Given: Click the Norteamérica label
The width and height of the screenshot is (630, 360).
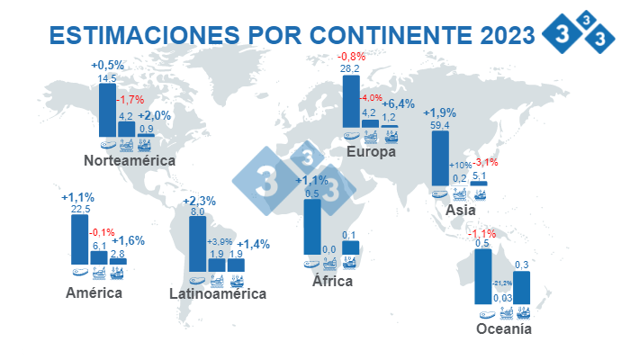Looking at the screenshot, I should (129, 161).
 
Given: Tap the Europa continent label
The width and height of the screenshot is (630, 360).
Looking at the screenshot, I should (371, 152).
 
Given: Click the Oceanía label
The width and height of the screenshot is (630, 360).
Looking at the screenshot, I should (504, 329).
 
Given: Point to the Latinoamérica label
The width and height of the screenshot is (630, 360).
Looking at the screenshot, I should (218, 293).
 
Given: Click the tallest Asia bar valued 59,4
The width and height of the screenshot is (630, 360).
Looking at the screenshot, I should (440, 158).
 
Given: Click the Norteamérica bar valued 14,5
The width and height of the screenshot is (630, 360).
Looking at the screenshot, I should (106, 111).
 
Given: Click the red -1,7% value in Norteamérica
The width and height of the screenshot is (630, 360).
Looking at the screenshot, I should (130, 100).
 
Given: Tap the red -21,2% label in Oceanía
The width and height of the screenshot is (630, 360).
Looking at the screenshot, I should (502, 283).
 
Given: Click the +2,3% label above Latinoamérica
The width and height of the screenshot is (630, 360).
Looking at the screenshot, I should (199, 200).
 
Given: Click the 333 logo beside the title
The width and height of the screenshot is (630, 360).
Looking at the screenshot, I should (578, 34).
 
